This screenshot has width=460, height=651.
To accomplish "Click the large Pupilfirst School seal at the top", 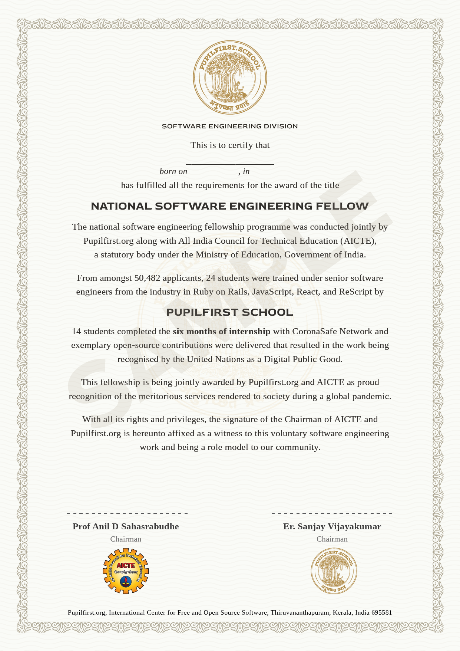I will point(230,77).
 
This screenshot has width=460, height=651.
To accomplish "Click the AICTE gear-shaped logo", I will point(126,571).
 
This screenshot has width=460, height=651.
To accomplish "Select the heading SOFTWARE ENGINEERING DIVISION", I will point(230,126).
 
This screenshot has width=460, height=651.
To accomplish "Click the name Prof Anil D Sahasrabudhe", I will point(126,527).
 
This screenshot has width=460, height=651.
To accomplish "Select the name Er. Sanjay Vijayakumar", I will point(332,527).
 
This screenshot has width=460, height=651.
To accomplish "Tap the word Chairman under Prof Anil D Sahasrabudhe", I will point(126,539).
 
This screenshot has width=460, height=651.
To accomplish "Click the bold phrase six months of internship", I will point(221,332).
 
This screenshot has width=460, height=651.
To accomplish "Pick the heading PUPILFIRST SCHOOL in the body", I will point(230,312).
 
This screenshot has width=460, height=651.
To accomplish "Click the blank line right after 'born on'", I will point(214,173).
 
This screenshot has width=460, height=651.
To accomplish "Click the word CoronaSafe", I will point(314,332).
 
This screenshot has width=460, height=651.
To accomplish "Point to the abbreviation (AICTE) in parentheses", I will point(358,241).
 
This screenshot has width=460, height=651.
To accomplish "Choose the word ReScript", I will point(355,292).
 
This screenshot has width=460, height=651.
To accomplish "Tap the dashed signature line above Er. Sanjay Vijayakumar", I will point(332,513).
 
